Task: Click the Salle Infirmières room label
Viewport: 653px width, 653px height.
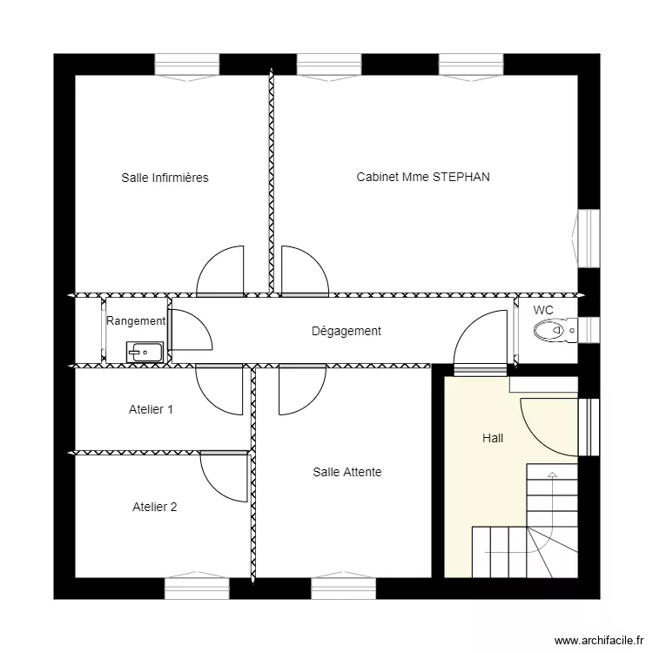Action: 165,178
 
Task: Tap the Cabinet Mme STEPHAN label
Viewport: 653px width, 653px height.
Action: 423,177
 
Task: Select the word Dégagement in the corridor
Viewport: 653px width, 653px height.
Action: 347,331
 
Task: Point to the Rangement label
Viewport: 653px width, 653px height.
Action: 135,320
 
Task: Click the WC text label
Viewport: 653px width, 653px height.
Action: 543,310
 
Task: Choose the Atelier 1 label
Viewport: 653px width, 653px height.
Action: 151,408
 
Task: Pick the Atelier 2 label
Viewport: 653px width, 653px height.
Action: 155,507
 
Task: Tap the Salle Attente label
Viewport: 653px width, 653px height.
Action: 347,472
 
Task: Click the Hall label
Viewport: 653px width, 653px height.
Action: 493,438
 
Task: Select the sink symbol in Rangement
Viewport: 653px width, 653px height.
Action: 145,352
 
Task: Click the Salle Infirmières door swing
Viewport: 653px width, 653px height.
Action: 220,272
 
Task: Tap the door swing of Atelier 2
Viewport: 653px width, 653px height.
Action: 223,476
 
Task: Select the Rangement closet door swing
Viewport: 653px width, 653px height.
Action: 189,329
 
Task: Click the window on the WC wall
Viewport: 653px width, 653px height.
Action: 589,331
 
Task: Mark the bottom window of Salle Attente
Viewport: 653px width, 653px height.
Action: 343,589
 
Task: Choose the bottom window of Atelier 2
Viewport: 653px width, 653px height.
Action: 197,589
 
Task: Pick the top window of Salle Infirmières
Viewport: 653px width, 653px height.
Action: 187,65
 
